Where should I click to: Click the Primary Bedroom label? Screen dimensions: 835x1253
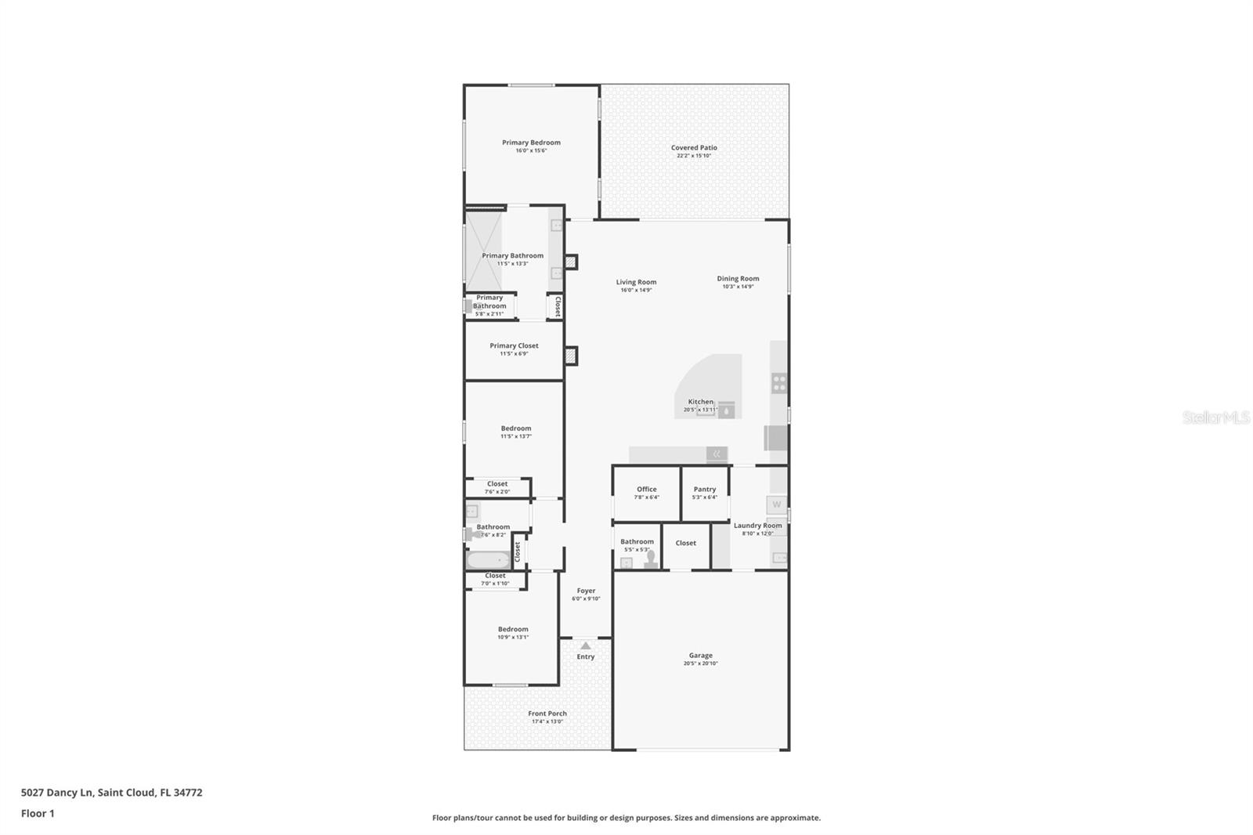pos(531,143)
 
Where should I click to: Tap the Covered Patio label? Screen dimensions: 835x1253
pos(694,147)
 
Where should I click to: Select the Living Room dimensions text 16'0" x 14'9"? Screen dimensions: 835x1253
pos(636,291)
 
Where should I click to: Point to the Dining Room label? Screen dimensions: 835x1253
pos(738,278)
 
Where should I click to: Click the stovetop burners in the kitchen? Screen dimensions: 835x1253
pos(779,383)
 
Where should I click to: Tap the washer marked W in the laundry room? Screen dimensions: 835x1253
pos(776,504)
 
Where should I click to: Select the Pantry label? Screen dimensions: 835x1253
pos(705,489)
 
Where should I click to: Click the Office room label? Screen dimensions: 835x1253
pos(646,489)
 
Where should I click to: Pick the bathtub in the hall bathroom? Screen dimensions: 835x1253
pos(488,560)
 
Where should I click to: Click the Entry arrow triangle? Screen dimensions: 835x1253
pos(586,645)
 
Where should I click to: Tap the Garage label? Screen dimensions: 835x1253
pos(700,656)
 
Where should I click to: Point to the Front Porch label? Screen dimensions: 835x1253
pos(547,714)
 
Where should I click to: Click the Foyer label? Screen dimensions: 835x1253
pos(586,591)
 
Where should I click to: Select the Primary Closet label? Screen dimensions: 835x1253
pos(514,345)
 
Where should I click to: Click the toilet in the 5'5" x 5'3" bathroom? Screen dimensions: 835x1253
pos(650,558)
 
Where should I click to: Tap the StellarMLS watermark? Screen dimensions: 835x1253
pos(1215,417)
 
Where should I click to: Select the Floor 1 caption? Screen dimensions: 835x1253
pos(38,813)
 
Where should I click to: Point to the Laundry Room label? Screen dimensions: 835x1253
pos(757,526)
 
